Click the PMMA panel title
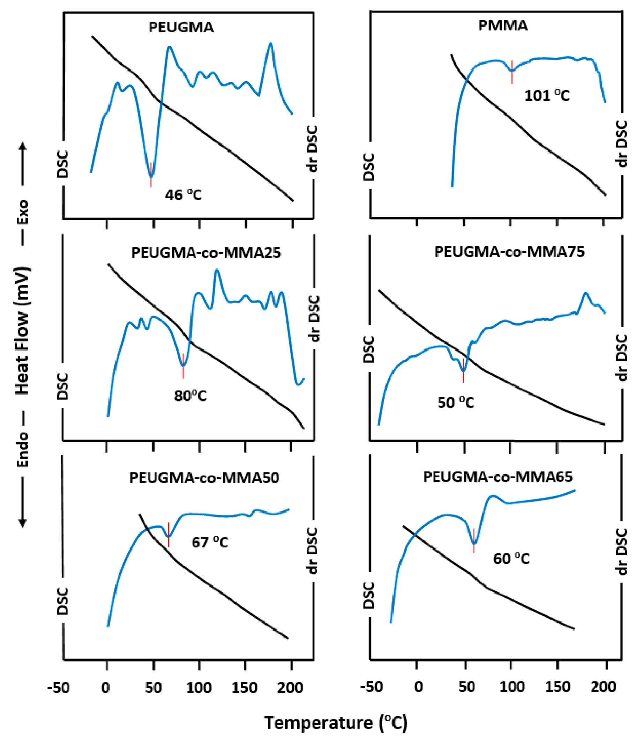(x=503, y=25)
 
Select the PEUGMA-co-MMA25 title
(x=206, y=253)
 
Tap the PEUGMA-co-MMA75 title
(x=509, y=252)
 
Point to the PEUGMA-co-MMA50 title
(x=204, y=478)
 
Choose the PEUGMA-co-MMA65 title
(x=498, y=477)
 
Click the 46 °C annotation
(x=183, y=195)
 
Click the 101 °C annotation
(x=547, y=95)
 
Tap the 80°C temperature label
(x=190, y=396)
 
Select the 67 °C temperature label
(x=210, y=542)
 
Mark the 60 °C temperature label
(x=511, y=559)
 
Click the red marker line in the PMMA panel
(x=512, y=72)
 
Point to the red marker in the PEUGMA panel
(x=151, y=175)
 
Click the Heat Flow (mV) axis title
(x=22, y=330)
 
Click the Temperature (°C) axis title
(x=336, y=722)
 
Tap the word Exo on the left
(x=23, y=212)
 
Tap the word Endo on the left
(x=23, y=449)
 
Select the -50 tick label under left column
(x=58, y=688)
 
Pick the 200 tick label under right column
(x=604, y=687)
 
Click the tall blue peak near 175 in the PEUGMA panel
(x=271, y=45)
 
